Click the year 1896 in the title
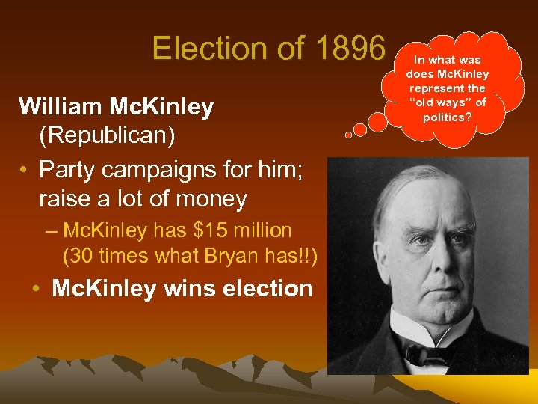[x=350, y=48]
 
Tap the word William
[x=62, y=106]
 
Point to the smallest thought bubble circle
[x=348, y=136]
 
